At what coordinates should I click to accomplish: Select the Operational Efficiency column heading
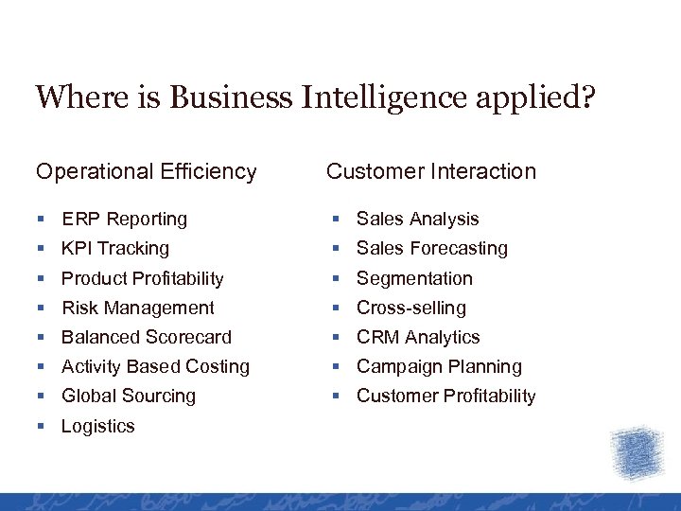[147, 171]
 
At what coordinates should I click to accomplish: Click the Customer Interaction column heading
[431, 171]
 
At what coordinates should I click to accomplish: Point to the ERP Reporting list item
[124, 219]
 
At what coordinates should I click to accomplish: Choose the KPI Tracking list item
[114, 248]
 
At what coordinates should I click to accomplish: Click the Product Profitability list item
[142, 278]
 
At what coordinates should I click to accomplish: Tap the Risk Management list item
[137, 308]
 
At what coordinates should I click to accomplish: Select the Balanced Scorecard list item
[146, 337]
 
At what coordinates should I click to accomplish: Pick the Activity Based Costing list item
[155, 366]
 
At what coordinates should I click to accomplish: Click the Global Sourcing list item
[128, 396]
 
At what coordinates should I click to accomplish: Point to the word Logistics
[97, 426]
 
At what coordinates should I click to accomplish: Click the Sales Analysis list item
[417, 219]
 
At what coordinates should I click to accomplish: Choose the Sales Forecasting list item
[431, 248]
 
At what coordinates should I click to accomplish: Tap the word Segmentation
[414, 278]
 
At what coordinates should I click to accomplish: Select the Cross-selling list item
[410, 308]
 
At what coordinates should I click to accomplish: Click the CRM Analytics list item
[418, 337]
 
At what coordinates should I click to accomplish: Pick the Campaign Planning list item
[439, 366]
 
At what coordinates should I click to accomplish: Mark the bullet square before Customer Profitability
[337, 396]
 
